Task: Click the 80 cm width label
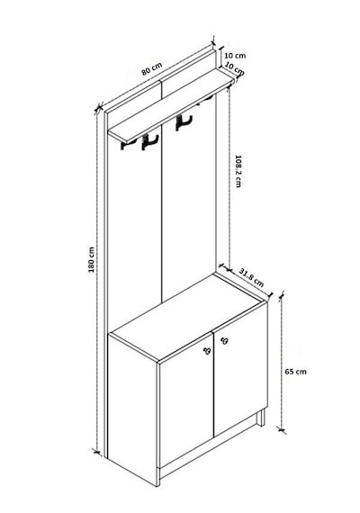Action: tap(152, 69)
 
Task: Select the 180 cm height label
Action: tap(91, 259)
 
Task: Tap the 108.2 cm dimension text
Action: tap(238, 171)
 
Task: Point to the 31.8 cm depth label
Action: tap(251, 277)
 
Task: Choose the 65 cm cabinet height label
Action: tap(296, 372)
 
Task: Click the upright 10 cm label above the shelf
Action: tap(235, 56)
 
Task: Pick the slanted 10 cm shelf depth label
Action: tap(235, 68)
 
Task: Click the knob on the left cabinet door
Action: tap(207, 351)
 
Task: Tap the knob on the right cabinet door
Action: tap(224, 341)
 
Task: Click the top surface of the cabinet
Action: tap(188, 318)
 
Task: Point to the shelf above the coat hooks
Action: tap(171, 105)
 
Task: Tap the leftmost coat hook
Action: tap(125, 145)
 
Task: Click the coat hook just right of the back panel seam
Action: tap(184, 122)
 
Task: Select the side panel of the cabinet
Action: tap(133, 409)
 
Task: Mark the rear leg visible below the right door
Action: tap(260, 418)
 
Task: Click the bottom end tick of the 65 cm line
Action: tap(281, 429)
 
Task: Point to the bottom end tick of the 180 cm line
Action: tap(96, 452)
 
